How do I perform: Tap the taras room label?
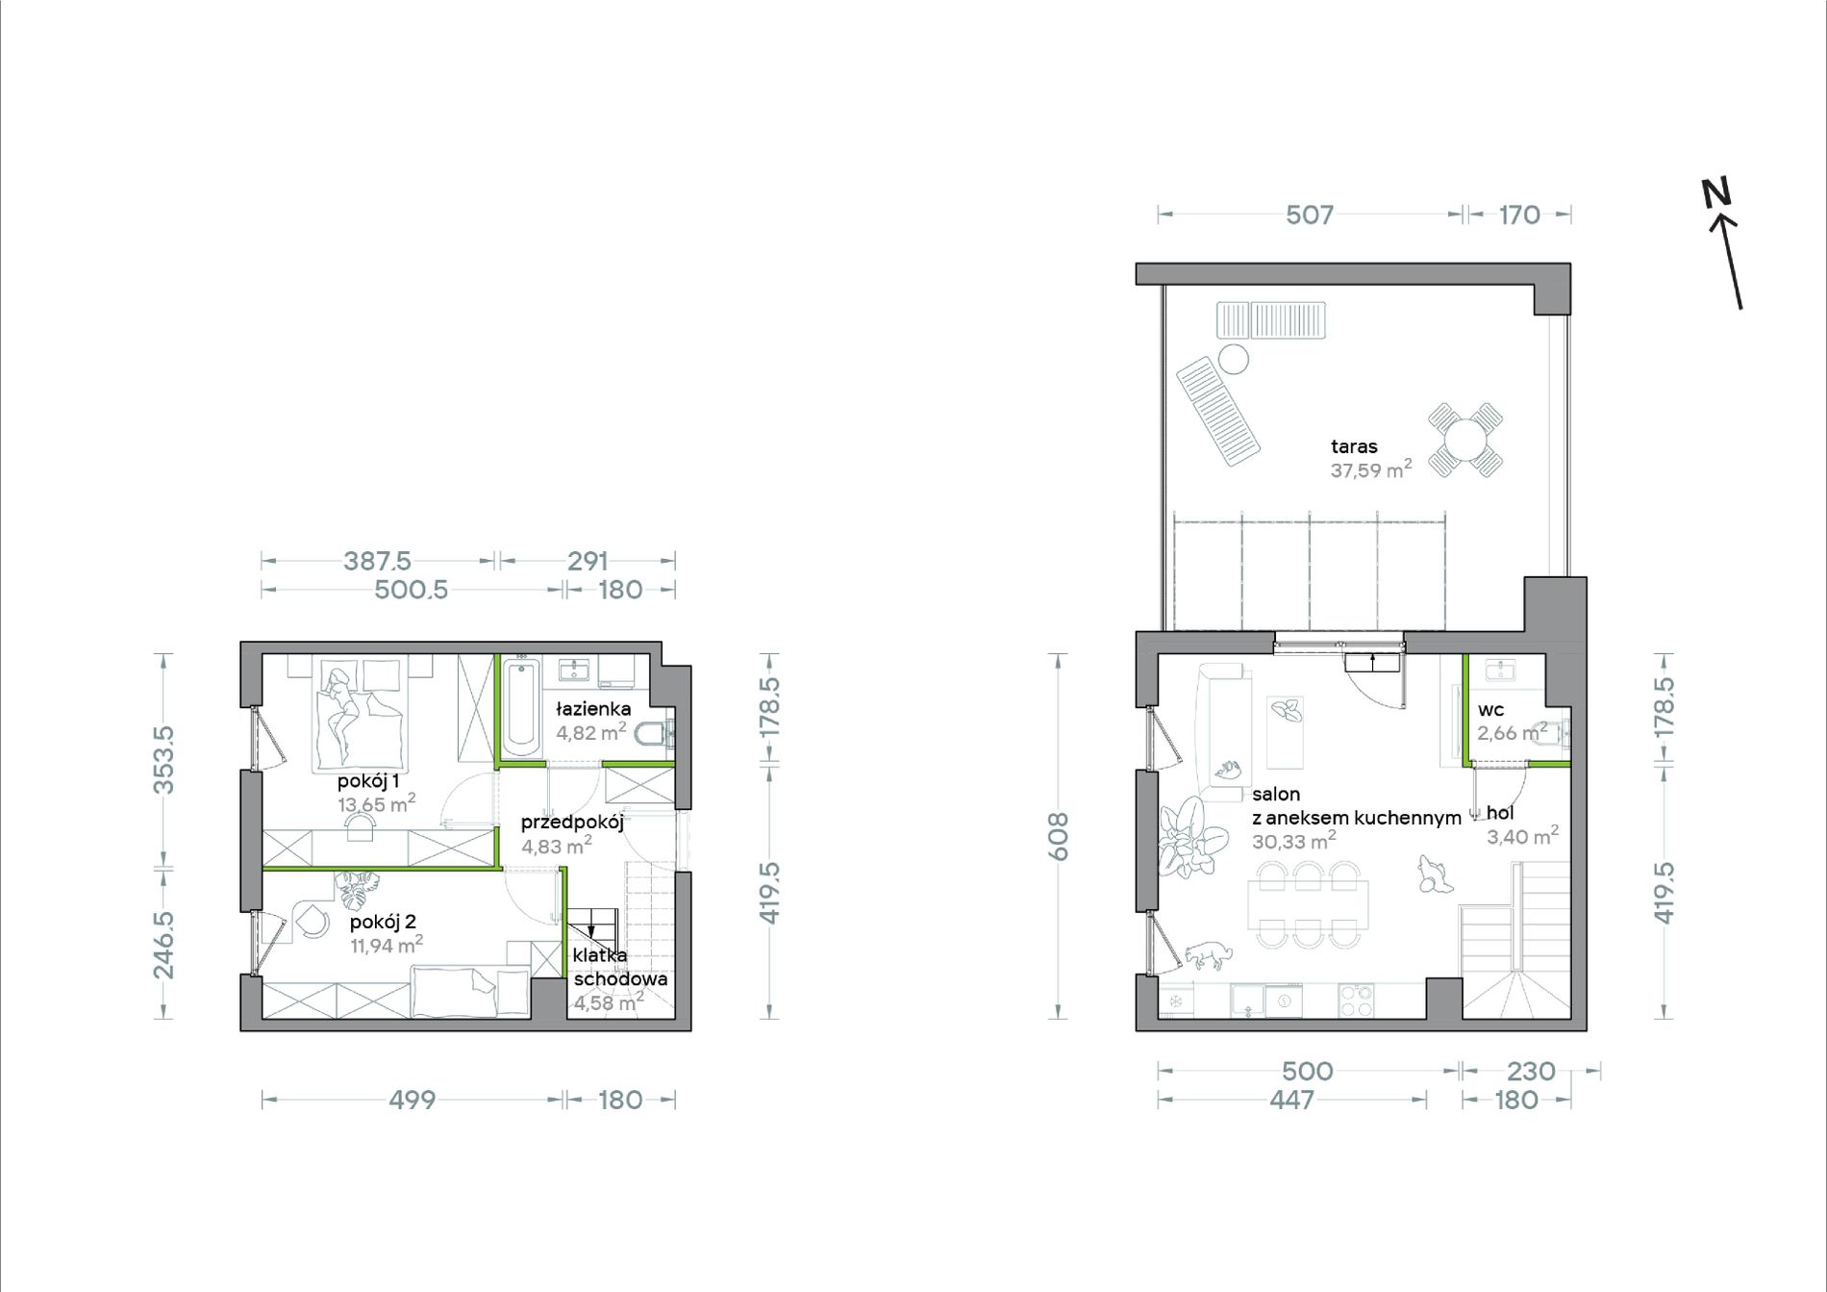[1354, 446]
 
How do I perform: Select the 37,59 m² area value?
[1371, 469]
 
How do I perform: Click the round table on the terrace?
[1465, 440]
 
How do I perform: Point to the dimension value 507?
[1310, 215]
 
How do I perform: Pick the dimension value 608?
[1058, 836]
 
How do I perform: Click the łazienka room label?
[593, 709]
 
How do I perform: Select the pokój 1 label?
[368, 781]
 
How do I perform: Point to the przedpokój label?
[572, 823]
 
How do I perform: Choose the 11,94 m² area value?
[387, 945]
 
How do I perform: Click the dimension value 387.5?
[377, 561]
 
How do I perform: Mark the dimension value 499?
[413, 1100]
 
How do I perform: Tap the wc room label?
[1491, 710]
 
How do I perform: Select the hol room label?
[1500, 813]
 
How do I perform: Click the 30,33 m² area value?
[1294, 841]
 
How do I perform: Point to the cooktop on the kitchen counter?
[1356, 1001]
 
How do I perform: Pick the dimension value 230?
[1531, 1071]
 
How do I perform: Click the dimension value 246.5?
[164, 945]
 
